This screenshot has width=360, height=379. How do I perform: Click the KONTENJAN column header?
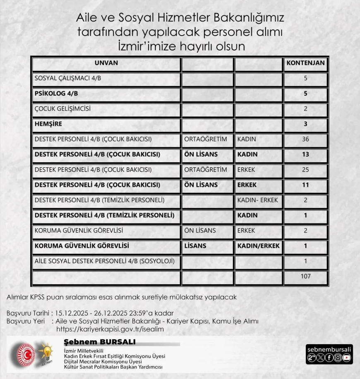coord(305,63)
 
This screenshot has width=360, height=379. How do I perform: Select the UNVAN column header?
coord(106,63)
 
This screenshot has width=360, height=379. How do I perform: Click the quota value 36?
coord(305,139)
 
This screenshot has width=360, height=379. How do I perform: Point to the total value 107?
coord(305,276)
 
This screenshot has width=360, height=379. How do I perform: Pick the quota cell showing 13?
coord(305,154)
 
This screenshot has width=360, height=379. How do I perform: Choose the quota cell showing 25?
coord(305,170)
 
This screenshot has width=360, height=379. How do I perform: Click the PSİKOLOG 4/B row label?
coord(56,94)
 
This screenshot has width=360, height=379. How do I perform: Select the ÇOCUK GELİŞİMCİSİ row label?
coord(62,109)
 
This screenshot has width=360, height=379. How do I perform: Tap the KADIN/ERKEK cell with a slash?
coord(259,246)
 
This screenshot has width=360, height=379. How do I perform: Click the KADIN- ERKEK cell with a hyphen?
coord(257,200)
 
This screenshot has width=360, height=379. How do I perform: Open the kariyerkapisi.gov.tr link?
coord(110,329)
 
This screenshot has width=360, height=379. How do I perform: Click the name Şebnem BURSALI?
coord(99,342)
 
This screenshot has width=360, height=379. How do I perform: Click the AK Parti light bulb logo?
coord(46,352)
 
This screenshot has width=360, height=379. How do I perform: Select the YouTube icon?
coord(346,357)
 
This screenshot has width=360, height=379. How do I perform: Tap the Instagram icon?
coord(338,357)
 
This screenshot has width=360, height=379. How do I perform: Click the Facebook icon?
coord(329,357)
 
